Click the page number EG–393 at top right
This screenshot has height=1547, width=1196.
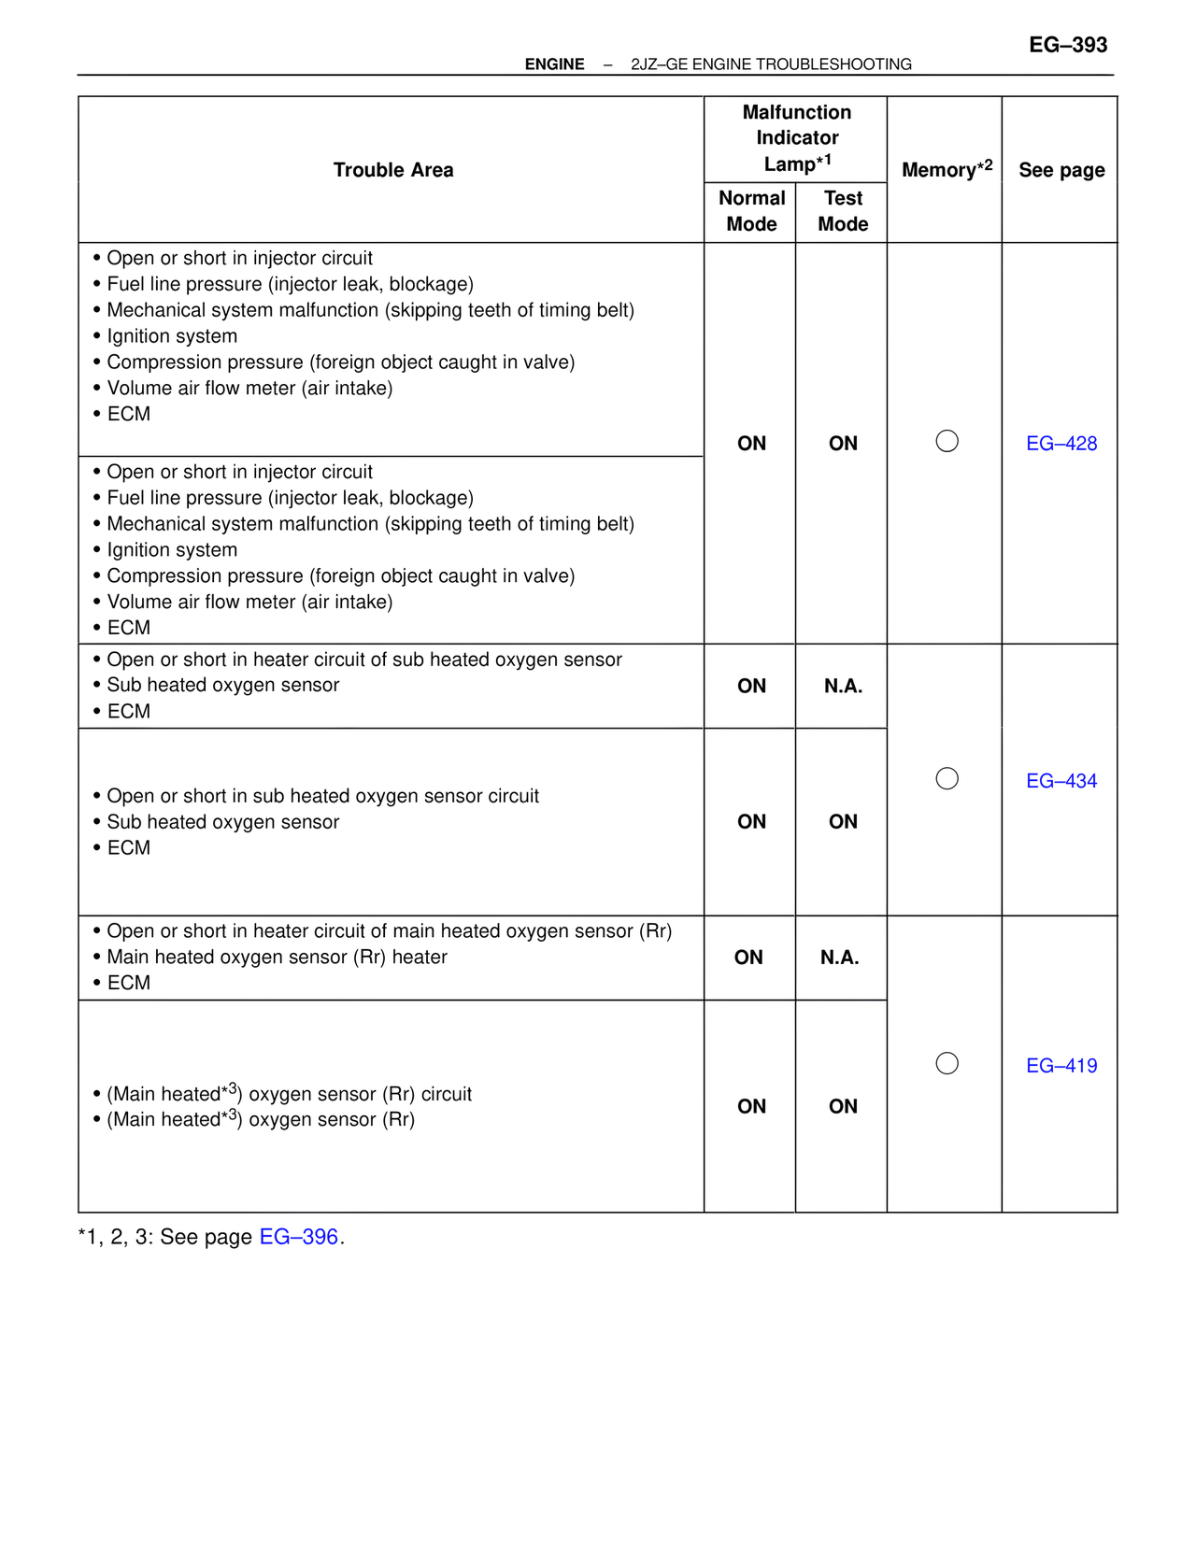pyautogui.click(x=1067, y=45)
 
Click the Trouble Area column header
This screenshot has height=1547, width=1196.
pyautogui.click(x=393, y=170)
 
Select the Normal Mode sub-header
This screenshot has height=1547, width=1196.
pyautogui.click(x=751, y=211)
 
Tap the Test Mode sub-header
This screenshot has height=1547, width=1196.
pyautogui.click(x=843, y=211)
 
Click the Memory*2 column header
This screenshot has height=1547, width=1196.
pyautogui.click(x=946, y=170)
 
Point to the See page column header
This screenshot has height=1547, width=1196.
pyautogui.click(x=1061, y=170)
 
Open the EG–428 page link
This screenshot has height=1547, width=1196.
pyautogui.click(x=1061, y=444)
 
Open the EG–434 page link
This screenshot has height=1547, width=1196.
pyautogui.click(x=1061, y=781)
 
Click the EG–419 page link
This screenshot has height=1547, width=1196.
pyautogui.click(x=1061, y=1066)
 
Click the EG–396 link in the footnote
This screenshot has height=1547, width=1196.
pyautogui.click(x=298, y=1237)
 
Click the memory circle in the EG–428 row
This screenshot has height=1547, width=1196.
pyautogui.click(x=947, y=441)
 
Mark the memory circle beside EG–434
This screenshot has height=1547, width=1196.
pyautogui.click(x=947, y=778)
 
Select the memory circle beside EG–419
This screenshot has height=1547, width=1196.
pyautogui.click(x=947, y=1063)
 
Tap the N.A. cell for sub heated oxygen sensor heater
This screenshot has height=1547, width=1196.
pyautogui.click(x=843, y=687)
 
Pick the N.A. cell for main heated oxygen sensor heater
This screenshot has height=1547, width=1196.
pyautogui.click(x=839, y=958)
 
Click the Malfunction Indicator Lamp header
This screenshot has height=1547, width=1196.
pyautogui.click(x=796, y=138)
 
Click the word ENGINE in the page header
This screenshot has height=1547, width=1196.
pyautogui.click(x=554, y=64)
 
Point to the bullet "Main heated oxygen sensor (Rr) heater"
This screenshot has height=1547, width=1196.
pyautogui.click(x=277, y=958)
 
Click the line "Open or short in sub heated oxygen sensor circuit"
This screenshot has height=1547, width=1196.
pyautogui.click(x=322, y=797)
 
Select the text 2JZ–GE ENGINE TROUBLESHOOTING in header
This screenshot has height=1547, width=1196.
pyautogui.click(x=771, y=64)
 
